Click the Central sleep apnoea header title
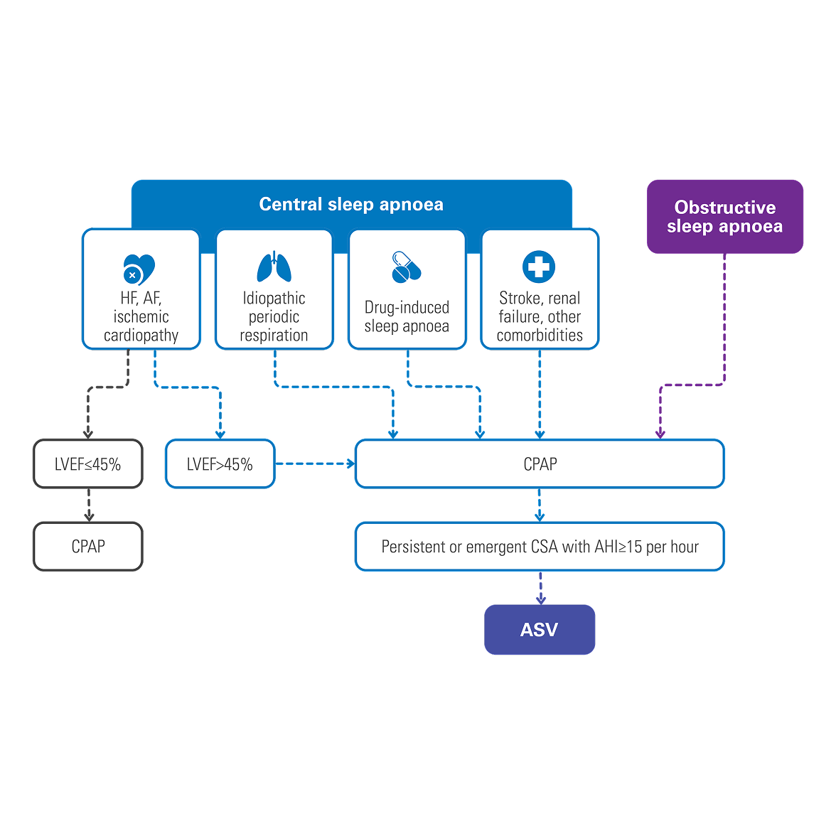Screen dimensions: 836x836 coord(351,204)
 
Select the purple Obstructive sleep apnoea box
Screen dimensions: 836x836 coord(724,216)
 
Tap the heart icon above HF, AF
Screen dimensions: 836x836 coord(139,269)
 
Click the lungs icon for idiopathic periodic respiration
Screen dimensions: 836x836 coord(274,267)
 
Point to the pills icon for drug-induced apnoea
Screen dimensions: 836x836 coord(407,267)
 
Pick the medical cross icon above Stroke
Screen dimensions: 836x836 coord(539,267)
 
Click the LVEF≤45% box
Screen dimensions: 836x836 coord(88,463)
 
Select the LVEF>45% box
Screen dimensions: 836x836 coord(220,463)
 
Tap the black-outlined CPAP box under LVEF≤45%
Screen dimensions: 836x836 coord(88,547)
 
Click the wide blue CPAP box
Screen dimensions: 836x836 coord(540,463)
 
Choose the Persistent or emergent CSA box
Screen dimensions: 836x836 coord(540,547)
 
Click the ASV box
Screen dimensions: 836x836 coord(540,630)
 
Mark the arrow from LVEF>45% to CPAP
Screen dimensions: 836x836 coord(315,463)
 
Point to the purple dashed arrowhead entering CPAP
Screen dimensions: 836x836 coord(660,434)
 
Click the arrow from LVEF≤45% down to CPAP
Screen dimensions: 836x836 coord(89,505)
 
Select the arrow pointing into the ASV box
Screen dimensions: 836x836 coord(540,588)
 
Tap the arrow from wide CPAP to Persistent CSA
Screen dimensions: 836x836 coord(540,505)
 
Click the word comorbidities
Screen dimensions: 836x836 coord(540,336)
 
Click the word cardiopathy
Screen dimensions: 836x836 coord(141,336)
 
